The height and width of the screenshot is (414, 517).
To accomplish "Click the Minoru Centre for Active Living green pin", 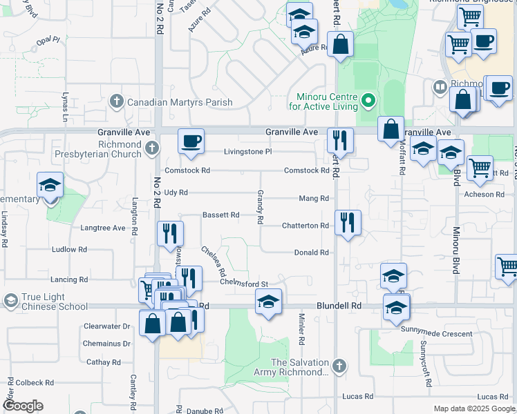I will pos(368,102).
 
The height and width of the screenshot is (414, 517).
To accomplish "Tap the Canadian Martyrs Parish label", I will pos(180,102).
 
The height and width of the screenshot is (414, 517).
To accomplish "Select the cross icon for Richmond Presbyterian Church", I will pos(152,148).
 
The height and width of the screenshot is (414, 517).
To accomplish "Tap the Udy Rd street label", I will pos(176,193).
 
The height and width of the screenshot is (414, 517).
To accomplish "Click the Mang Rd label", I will pos(314,198).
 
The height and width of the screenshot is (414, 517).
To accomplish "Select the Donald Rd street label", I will pos(311,253).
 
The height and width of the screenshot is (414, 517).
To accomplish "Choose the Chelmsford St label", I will pos(244,283).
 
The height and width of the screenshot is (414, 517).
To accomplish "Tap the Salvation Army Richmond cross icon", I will pos(339,367).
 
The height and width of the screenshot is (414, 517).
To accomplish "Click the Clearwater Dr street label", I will pos(107,326).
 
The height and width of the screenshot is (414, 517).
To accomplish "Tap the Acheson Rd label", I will pos(484,195).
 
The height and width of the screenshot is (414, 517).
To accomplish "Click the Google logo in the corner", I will pos(23,406).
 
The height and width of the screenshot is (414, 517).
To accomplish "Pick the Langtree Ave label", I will pos(103,227).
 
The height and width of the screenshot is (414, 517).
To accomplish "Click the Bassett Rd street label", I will pos(220,215).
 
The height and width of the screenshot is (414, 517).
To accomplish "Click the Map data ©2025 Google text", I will pos(473,408).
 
